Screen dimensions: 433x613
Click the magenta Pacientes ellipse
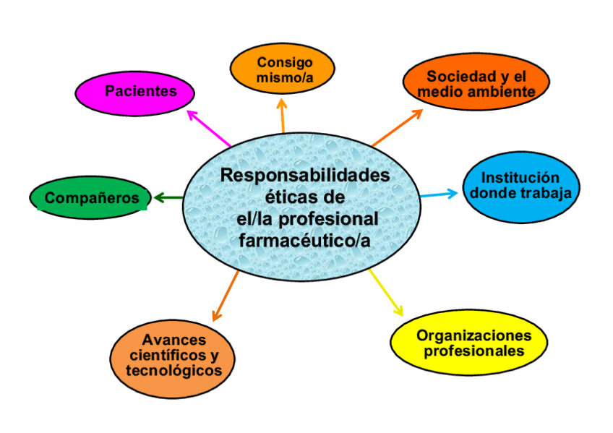click(136, 92)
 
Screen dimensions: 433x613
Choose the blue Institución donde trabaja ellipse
click(521, 187)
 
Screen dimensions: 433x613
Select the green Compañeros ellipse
click(90, 197)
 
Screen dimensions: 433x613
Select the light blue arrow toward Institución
click(439, 194)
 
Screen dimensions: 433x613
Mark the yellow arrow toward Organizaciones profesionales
click(386, 292)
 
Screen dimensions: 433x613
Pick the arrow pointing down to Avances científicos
click(225, 296)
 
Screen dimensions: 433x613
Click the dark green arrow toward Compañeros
click(168, 197)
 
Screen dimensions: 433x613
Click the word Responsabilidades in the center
click(304, 176)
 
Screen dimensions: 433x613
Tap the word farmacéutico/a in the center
click(303, 240)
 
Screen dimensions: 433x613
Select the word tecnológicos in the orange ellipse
click(173, 371)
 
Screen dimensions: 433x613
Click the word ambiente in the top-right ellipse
click(501, 93)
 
